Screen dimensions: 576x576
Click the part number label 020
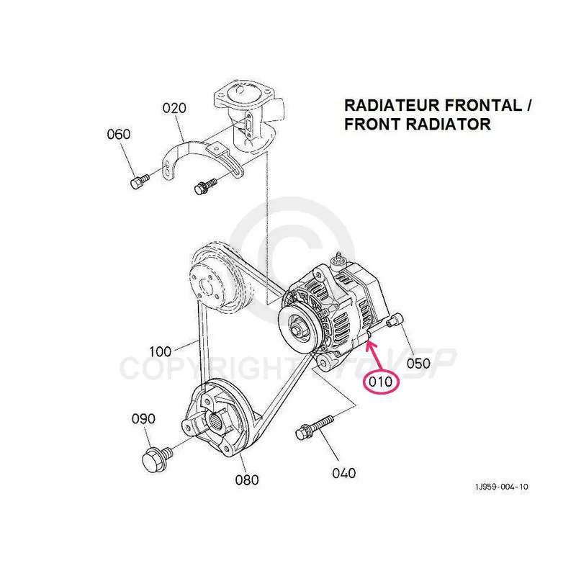pyautogui.click(x=174, y=108)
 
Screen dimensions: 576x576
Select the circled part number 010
pyautogui.click(x=382, y=382)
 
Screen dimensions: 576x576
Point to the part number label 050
pyautogui.click(x=418, y=362)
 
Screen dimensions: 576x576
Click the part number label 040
pyautogui.click(x=344, y=473)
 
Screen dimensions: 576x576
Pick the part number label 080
pyautogui.click(x=246, y=480)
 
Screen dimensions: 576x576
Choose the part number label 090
pyautogui.click(x=143, y=418)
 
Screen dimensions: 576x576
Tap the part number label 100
pyautogui.click(x=161, y=352)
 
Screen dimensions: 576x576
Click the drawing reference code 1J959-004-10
pyautogui.click(x=500, y=487)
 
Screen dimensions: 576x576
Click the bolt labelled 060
pyautogui.click(x=139, y=181)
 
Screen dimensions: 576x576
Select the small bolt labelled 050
pyautogui.click(x=395, y=323)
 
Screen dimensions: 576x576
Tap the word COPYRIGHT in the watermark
pyautogui.click(x=194, y=368)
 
